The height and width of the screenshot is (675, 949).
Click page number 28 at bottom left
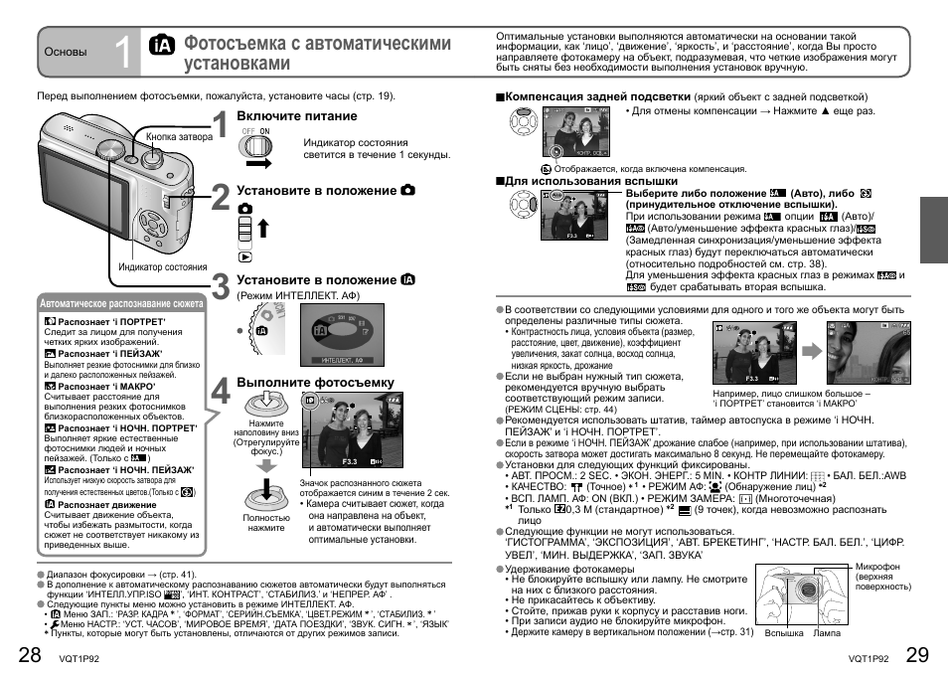click(x=30, y=654)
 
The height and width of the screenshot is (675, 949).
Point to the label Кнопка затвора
click(x=179, y=137)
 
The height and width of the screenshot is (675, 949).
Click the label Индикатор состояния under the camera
click(x=163, y=267)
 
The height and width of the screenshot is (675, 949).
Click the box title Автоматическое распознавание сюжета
click(x=120, y=303)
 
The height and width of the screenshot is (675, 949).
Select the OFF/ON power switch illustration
click(x=257, y=145)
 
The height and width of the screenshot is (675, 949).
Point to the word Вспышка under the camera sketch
click(x=784, y=632)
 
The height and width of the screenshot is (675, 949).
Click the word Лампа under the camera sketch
click(x=827, y=632)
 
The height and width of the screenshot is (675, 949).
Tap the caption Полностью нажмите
click(x=266, y=523)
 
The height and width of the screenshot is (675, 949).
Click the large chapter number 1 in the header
click(x=121, y=54)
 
